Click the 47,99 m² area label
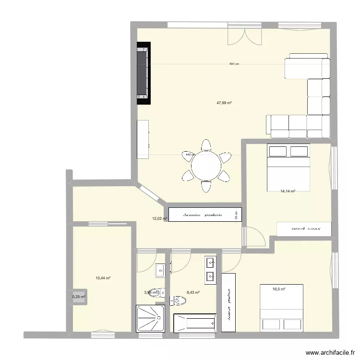224,103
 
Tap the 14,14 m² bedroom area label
288,191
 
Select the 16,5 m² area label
279,289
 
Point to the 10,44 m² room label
103,278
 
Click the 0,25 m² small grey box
79,297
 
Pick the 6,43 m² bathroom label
193,292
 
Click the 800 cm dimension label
234,64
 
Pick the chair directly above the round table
206,145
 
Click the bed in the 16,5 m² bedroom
282,307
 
